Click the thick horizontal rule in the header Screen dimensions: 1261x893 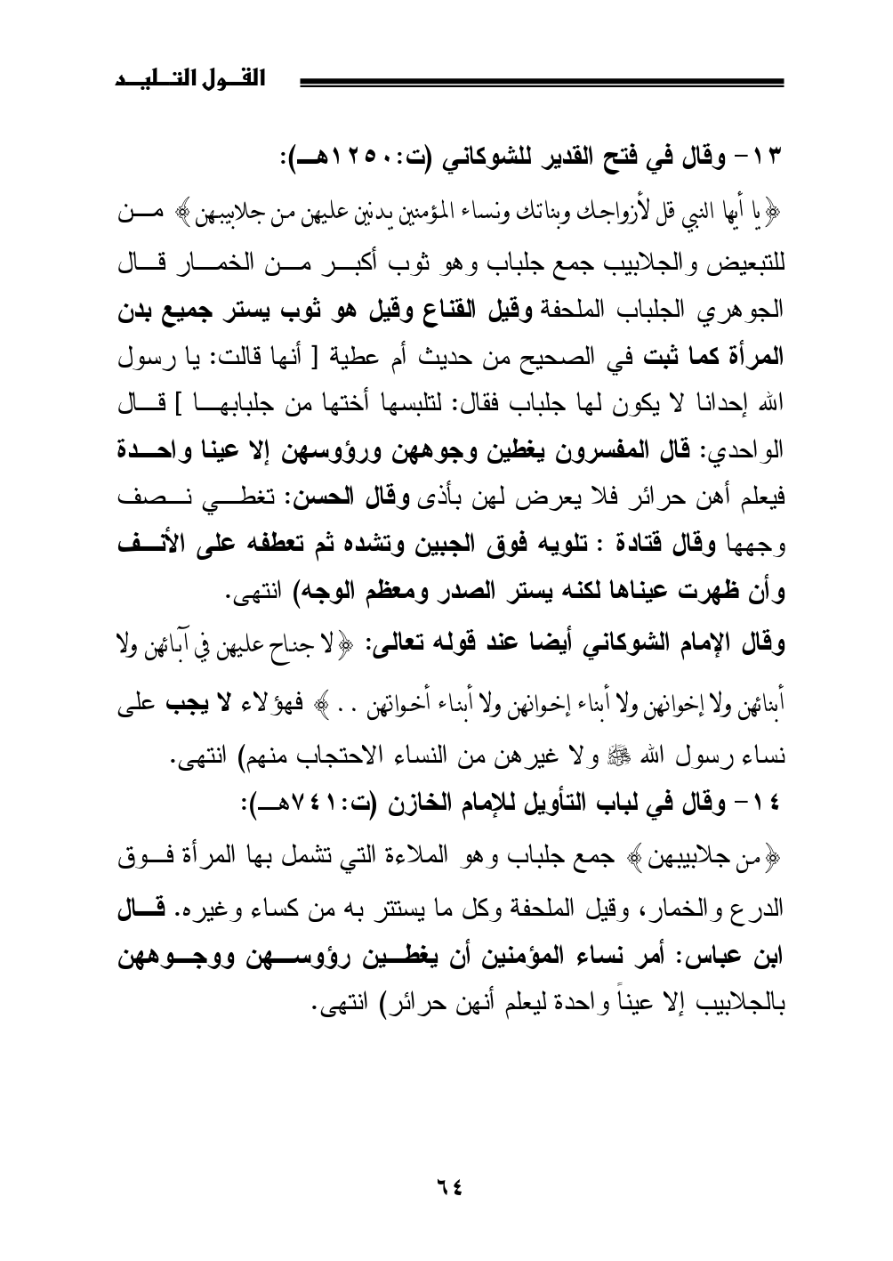pos(543,83)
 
